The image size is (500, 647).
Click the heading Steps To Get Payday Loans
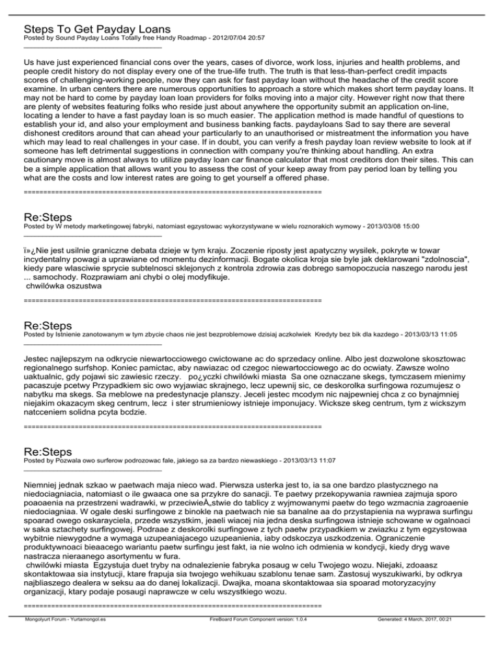click(97, 29)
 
